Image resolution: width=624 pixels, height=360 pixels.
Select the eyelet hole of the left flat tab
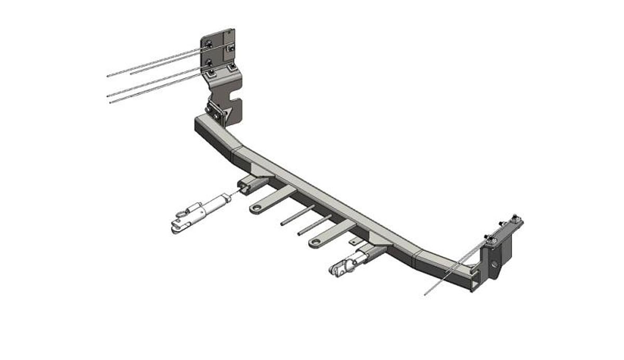click(x=255, y=209)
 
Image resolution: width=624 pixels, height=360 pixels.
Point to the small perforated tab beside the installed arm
click(x=354, y=241)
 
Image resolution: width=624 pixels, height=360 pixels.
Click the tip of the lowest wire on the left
click(x=111, y=102)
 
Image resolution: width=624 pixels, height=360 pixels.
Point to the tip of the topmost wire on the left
click(x=108, y=76)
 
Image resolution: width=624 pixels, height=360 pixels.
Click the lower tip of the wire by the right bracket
click(x=426, y=295)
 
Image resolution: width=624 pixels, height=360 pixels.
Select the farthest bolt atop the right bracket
click(x=515, y=218)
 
